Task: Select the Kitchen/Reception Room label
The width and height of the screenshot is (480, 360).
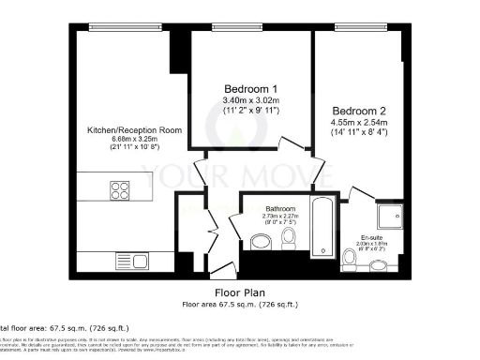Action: point(128,130)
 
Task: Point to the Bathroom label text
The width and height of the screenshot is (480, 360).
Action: point(280,208)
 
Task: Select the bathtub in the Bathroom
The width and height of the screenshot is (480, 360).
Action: point(321,227)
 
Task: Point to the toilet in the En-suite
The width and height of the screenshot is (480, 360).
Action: point(350,255)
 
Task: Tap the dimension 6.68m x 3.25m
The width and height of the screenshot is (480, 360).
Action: point(128,141)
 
